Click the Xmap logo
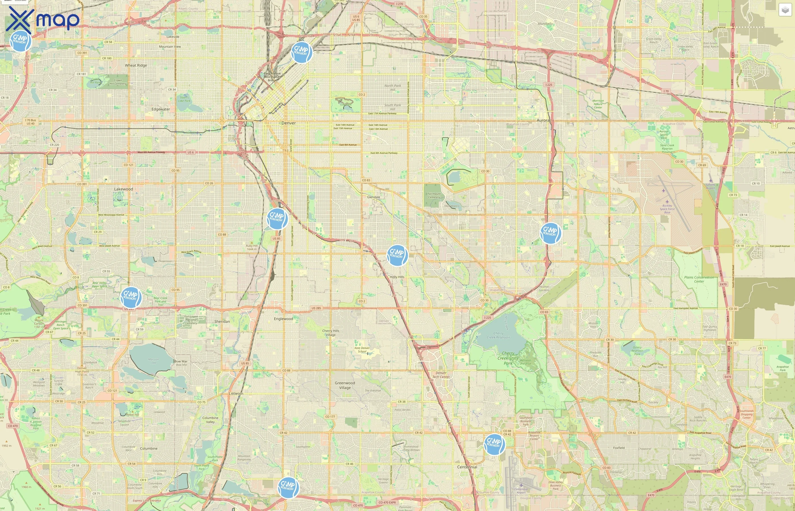tap(43, 20)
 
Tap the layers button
tap(785, 10)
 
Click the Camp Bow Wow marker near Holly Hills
tap(397, 255)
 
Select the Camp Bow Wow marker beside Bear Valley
tap(131, 297)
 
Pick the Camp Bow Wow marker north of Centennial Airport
tap(494, 444)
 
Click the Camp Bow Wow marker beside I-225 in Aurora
tap(551, 233)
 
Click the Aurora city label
tap(543, 120)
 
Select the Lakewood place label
tap(124, 189)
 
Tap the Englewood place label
tap(283, 319)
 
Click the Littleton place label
tap(236, 393)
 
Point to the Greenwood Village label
tap(345, 385)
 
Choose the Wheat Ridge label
tap(136, 65)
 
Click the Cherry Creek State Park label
tap(508, 358)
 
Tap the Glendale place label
tap(374, 197)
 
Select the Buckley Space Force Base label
tap(667, 209)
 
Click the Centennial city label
tap(467, 467)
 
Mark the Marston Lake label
tap(153, 361)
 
